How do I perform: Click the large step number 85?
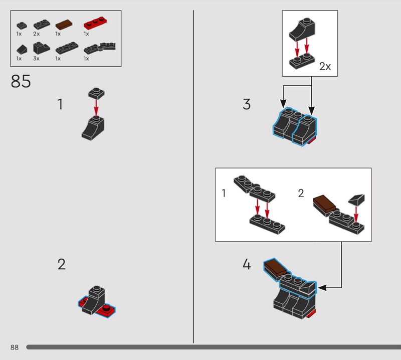click(x=21, y=81)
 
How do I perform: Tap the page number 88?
click(x=15, y=347)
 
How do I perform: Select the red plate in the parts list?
click(x=95, y=23)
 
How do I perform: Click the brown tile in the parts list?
click(x=64, y=25)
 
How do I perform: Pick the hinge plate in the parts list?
click(x=99, y=48)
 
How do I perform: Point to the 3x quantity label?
click(x=36, y=59)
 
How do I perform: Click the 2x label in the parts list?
click(x=36, y=34)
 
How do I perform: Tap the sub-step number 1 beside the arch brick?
click(x=60, y=104)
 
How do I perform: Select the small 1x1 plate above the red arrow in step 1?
click(x=96, y=94)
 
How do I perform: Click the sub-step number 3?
click(x=247, y=104)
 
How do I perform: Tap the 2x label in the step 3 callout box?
click(x=325, y=67)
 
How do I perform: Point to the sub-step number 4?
click(x=247, y=264)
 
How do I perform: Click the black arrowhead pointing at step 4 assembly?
click(x=322, y=288)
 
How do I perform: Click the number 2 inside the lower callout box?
click(x=301, y=193)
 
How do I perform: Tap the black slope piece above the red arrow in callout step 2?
click(x=357, y=200)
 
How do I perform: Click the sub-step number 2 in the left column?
click(x=61, y=264)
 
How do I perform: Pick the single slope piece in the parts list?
click(x=22, y=49)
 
